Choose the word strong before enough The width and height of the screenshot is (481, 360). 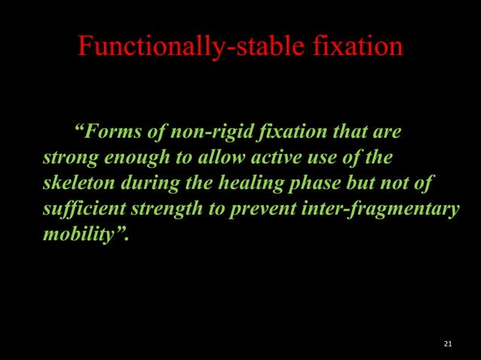tap(69, 159)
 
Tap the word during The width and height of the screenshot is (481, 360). tap(147, 184)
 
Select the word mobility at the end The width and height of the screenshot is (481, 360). tap(81, 233)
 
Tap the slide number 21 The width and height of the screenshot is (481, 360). tap(448, 344)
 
